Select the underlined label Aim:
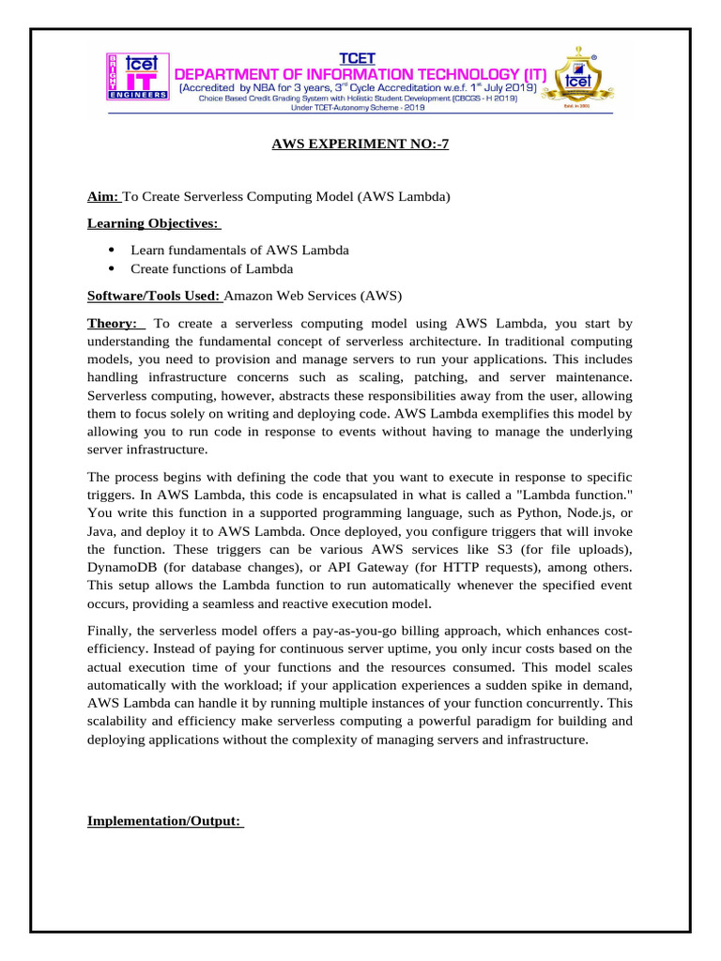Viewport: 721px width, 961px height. coord(103,196)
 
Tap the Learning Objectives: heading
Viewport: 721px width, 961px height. coord(152,223)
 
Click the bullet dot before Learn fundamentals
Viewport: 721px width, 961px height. coord(112,250)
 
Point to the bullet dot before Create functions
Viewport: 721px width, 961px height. coord(112,269)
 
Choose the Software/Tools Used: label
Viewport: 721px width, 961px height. coord(154,296)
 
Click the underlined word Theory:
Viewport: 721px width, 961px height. coord(112,323)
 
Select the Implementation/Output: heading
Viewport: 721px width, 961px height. coord(164,821)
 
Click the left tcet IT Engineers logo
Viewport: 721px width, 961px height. coord(134,77)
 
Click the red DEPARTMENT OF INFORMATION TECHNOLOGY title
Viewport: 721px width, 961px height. coord(361,74)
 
